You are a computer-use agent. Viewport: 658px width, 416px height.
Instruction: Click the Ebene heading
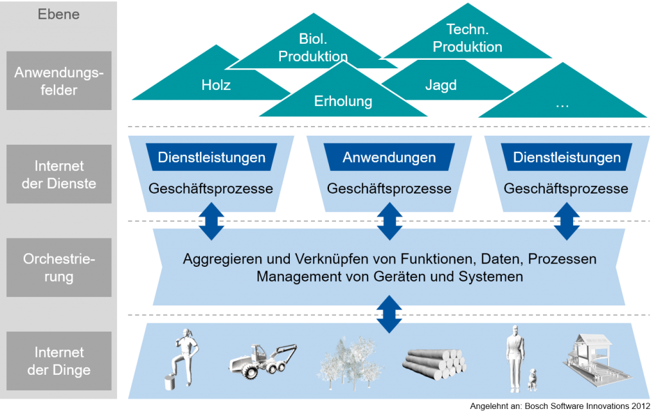[x=58, y=14]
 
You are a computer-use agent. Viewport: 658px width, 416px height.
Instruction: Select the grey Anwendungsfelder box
[x=58, y=80]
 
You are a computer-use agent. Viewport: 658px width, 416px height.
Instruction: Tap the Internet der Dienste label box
[x=58, y=174]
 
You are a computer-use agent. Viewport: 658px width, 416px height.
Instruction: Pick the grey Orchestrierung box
[x=58, y=268]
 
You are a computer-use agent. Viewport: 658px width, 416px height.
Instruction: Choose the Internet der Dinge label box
[x=58, y=361]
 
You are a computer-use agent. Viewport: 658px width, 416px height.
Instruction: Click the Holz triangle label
[x=216, y=86]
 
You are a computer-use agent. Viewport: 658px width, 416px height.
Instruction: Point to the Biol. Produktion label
[x=313, y=48]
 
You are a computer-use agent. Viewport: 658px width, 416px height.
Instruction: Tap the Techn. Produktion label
[x=468, y=38]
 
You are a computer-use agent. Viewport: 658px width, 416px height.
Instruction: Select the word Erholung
[x=343, y=101]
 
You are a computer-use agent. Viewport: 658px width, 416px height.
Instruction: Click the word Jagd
[x=441, y=86]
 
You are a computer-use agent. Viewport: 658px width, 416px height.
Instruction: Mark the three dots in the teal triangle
[x=562, y=106]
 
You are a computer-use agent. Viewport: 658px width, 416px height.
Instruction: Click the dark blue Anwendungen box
[x=389, y=157]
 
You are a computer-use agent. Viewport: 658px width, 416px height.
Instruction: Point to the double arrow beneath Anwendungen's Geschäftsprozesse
[x=389, y=221]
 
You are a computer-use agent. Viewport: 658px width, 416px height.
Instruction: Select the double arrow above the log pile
[x=389, y=314]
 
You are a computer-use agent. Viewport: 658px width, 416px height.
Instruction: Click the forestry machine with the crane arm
[x=263, y=361]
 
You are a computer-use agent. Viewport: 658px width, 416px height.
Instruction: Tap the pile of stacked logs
[x=434, y=363]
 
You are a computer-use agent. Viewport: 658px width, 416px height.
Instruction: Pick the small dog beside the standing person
[x=532, y=380]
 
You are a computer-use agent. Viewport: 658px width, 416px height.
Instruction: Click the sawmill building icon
[x=596, y=360]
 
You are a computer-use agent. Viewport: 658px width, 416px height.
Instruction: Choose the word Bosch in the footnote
[x=537, y=406]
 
